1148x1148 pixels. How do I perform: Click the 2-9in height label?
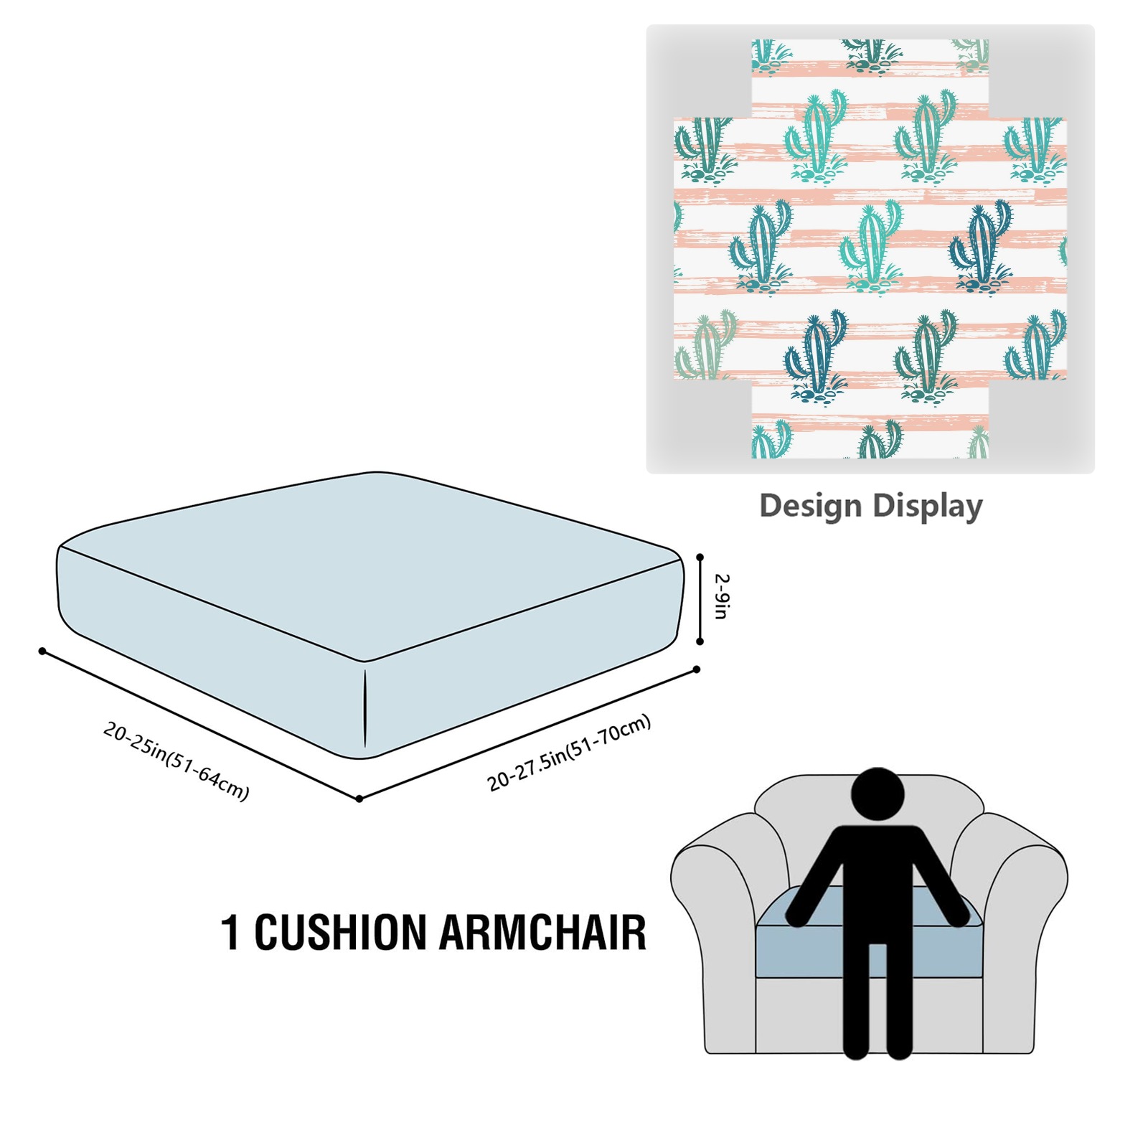(x=722, y=596)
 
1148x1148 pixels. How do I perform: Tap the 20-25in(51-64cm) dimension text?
(x=177, y=761)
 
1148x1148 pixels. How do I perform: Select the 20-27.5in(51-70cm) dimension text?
(x=569, y=753)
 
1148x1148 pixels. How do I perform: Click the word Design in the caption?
(x=810, y=506)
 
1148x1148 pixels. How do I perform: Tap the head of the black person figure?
(x=877, y=794)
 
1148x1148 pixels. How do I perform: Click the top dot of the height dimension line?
(x=700, y=557)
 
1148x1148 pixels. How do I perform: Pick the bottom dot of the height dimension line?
(x=700, y=641)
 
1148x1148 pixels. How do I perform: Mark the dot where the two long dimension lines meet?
(x=359, y=799)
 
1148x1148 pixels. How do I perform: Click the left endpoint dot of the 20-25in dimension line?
(x=42, y=651)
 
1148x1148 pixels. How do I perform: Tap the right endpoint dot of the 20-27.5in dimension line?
(x=697, y=669)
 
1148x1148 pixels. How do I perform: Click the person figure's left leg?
(x=856, y=1004)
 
